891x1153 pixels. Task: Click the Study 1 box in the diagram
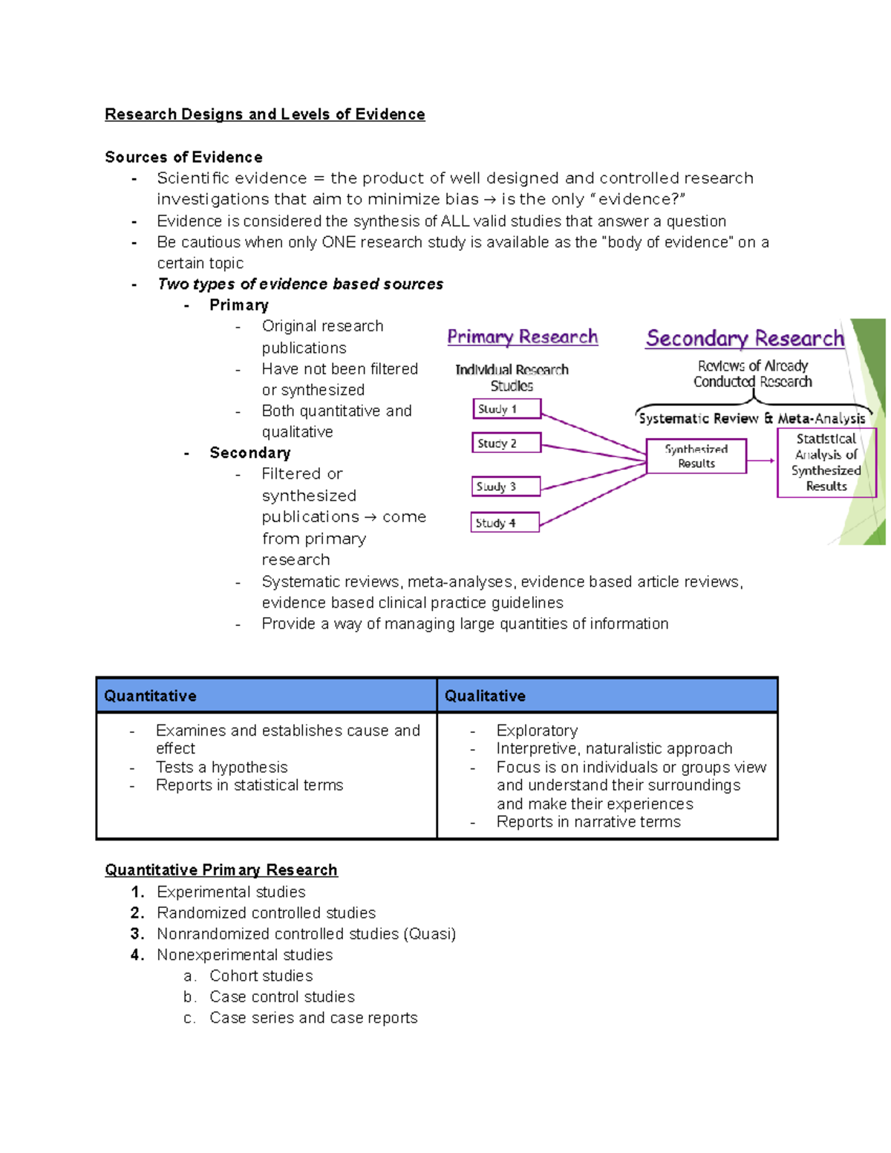[507, 409]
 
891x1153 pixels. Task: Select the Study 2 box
[507, 443]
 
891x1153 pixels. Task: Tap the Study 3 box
[506, 487]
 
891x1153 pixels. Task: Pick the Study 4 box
[505, 523]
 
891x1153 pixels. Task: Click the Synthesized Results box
[696, 456]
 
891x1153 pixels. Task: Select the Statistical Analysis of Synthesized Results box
[826, 463]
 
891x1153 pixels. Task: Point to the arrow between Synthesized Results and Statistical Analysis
[761, 460]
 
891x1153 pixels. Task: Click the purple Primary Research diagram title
[522, 337]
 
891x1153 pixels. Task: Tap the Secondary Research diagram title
[745, 339]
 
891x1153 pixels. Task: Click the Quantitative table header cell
[266, 696]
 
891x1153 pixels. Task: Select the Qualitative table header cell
[607, 696]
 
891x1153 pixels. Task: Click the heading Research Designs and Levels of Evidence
[265, 114]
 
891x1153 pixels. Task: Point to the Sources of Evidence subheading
[183, 157]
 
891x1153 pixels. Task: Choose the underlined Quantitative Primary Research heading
[221, 870]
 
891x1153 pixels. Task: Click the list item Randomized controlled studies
[266, 913]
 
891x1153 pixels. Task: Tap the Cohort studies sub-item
[261, 976]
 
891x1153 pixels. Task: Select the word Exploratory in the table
[537, 731]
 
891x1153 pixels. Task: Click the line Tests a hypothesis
[221, 767]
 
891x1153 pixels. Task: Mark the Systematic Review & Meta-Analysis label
[751, 419]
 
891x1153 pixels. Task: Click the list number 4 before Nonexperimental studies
[137, 955]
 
